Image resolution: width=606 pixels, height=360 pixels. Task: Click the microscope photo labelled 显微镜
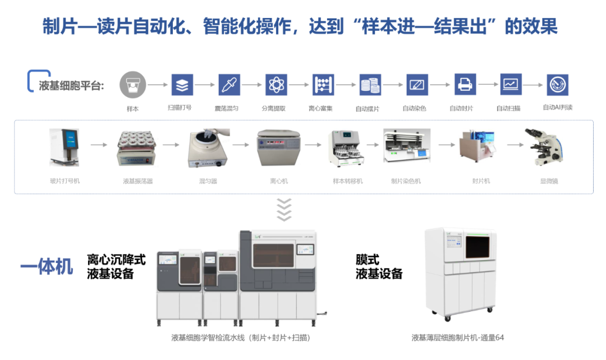pos(543,147)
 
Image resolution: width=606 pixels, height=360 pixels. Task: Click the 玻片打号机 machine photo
pos(64,147)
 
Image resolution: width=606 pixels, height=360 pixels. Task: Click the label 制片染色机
pos(406,181)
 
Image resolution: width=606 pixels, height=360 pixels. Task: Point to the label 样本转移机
pos(348,181)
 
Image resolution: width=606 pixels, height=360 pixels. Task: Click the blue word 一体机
pos(47,267)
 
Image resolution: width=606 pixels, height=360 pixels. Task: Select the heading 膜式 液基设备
pos(379,267)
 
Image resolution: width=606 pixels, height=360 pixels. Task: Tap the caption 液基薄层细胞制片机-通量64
pos(458,338)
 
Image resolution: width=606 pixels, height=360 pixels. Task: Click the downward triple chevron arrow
pos(284,209)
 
